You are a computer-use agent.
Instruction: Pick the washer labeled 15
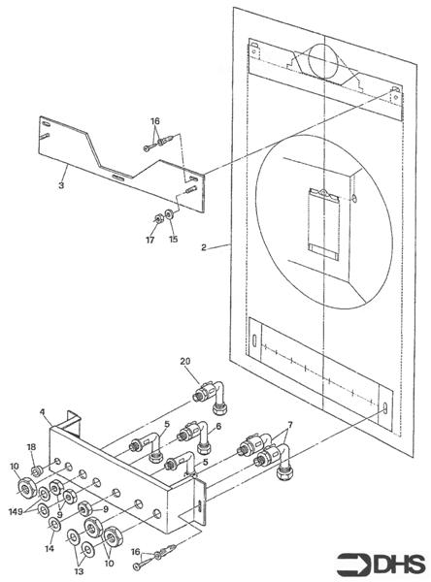(171, 213)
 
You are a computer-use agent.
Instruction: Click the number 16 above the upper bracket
(155, 122)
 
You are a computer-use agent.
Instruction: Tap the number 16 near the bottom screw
(135, 551)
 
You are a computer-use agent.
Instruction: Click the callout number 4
(43, 413)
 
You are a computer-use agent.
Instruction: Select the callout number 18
(32, 447)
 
